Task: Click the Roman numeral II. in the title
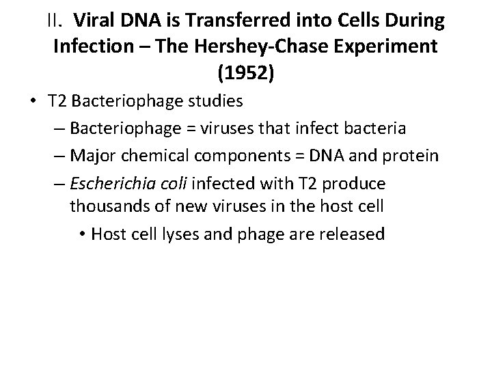(57, 21)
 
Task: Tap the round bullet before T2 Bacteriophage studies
(31, 103)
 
